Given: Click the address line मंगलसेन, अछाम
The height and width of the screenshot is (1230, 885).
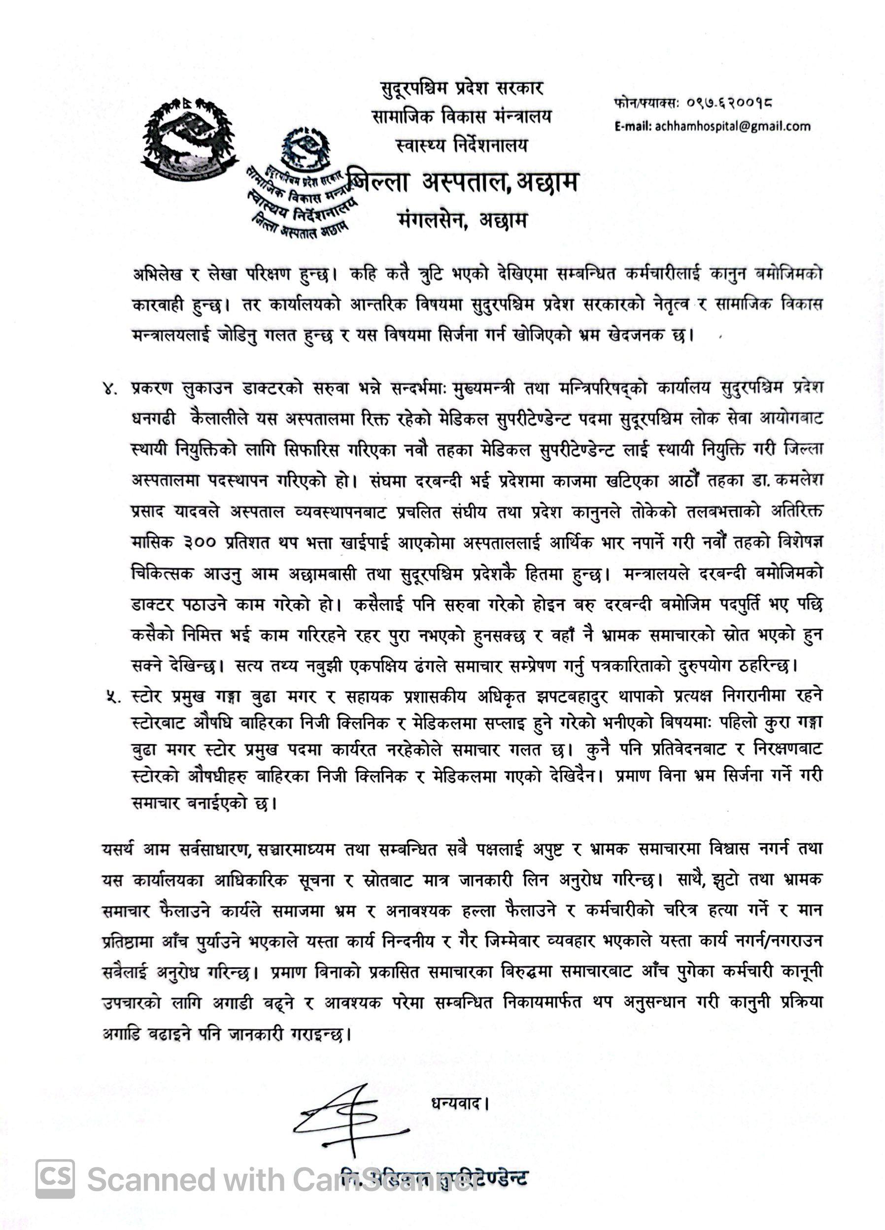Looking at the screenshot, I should point(462,221).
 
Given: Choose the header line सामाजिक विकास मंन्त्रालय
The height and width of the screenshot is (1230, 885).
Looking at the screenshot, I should point(462,117).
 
